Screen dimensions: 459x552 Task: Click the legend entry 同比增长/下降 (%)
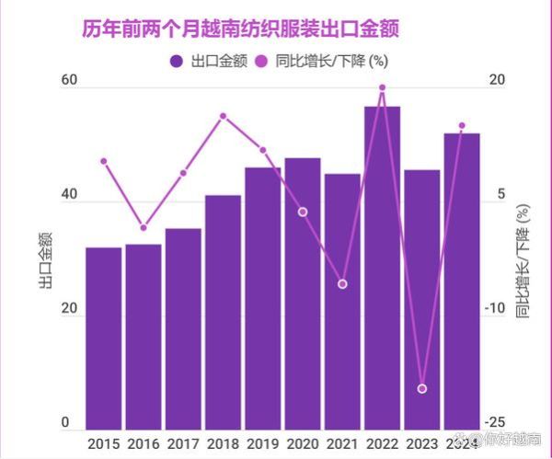pyautogui.click(x=330, y=63)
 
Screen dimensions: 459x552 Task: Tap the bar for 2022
pyautogui.click(x=382, y=267)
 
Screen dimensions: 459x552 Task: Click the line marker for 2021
pyautogui.click(x=342, y=284)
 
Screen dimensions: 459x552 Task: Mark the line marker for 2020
pyautogui.click(x=303, y=212)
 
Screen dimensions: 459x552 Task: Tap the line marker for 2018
pyautogui.click(x=223, y=116)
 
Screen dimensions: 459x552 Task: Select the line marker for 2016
pyautogui.click(x=144, y=228)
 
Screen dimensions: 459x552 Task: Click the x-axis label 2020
pyautogui.click(x=302, y=442)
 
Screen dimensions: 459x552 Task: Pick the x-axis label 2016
pyautogui.click(x=144, y=442)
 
